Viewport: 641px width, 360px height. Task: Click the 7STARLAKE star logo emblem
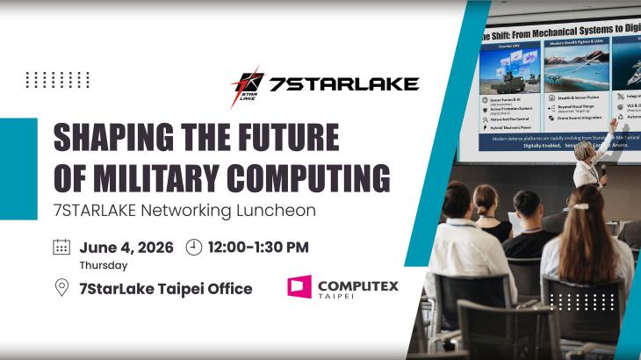(x=247, y=85)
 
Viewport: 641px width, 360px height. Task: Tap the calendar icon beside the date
(x=61, y=247)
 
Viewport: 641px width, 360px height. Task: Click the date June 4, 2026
(x=126, y=247)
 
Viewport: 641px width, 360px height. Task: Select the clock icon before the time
(x=194, y=247)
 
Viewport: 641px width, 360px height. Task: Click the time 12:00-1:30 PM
(x=258, y=247)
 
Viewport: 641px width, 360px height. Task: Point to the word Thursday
(x=103, y=265)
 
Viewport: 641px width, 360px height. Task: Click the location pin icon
(x=61, y=288)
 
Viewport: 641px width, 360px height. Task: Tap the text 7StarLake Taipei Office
(x=165, y=288)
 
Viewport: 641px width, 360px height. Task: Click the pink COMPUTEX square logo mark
(x=299, y=286)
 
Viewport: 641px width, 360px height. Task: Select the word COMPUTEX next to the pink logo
(x=357, y=284)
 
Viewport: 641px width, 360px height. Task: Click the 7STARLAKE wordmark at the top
(x=342, y=84)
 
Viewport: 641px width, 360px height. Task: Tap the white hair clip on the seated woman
(x=580, y=206)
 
